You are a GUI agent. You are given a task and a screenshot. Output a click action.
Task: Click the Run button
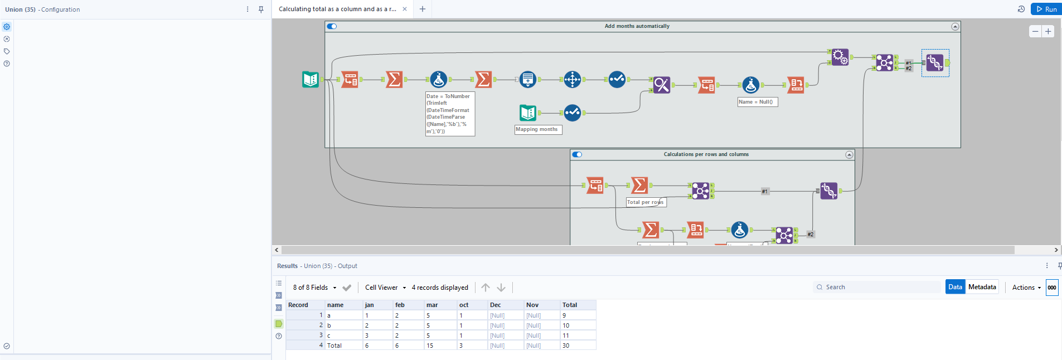(x=1046, y=9)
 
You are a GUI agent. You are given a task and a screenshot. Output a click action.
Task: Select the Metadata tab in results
(x=982, y=287)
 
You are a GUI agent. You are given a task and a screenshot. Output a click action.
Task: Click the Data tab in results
(x=955, y=287)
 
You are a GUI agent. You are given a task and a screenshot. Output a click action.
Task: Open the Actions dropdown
(x=1026, y=288)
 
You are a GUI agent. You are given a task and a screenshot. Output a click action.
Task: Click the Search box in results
(x=878, y=287)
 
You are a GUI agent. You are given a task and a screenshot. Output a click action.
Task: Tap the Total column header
(x=570, y=305)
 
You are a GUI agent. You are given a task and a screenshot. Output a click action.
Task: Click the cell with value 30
(x=566, y=346)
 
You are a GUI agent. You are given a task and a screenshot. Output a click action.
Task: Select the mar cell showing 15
(x=430, y=346)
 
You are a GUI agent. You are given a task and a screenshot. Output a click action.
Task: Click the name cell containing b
(x=329, y=325)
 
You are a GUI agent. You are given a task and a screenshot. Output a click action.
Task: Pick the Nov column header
(x=532, y=305)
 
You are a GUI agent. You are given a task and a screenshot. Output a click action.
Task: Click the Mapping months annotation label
(x=536, y=129)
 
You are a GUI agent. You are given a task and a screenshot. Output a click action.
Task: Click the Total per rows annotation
(x=645, y=202)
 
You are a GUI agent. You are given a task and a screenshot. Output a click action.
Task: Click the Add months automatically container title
(x=637, y=26)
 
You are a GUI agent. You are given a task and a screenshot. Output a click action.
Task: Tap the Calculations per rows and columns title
(x=706, y=154)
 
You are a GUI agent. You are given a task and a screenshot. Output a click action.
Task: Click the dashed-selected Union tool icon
(x=935, y=62)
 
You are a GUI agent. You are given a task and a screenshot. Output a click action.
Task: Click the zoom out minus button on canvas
(x=1035, y=31)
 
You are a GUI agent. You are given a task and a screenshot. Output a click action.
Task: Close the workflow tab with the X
(x=405, y=9)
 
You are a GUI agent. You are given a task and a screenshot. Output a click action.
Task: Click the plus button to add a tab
(x=423, y=9)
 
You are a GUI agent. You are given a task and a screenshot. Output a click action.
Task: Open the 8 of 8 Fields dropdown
(x=315, y=288)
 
